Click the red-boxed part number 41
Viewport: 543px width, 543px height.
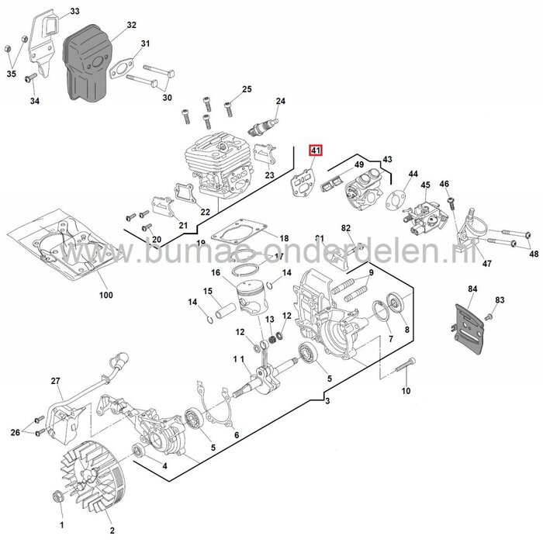click(315, 151)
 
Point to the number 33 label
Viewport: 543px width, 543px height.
click(74, 11)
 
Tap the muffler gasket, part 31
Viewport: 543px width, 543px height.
click(125, 66)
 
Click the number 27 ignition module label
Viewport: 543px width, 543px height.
click(55, 380)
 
